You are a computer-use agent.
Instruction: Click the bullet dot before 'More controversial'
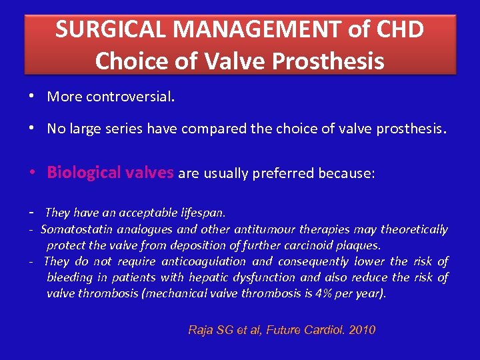[x=33, y=97]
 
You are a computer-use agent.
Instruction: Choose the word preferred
[x=283, y=174]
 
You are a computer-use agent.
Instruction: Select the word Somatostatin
[x=74, y=230]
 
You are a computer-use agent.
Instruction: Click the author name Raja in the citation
[x=201, y=330]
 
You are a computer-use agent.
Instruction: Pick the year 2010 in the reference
[x=362, y=330]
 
